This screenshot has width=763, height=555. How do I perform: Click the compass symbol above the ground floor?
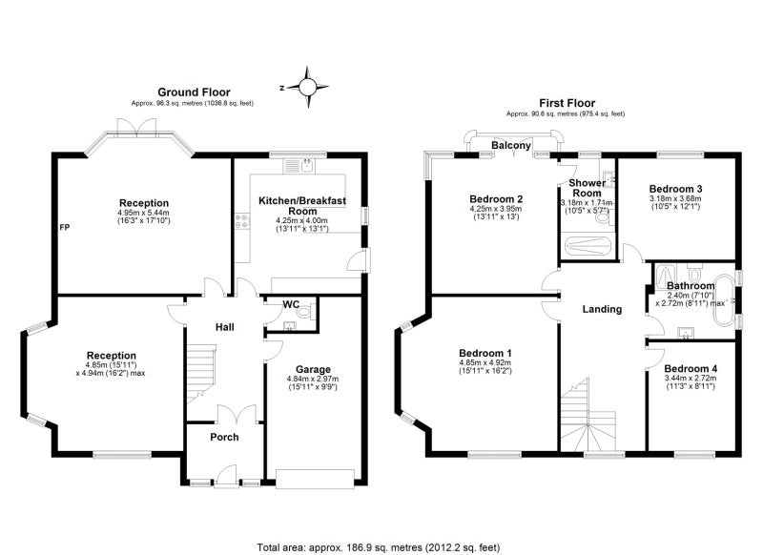(307, 87)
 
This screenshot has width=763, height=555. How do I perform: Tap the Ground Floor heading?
(194, 92)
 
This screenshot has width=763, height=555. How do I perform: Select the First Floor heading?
(567, 103)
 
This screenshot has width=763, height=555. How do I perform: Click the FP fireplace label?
(65, 227)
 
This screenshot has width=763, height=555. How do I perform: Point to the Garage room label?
(313, 369)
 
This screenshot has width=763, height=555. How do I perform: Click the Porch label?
(224, 437)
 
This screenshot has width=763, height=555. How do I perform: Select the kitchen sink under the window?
(299, 166)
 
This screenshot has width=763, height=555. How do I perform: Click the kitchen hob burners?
(242, 222)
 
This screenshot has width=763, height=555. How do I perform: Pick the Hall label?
(225, 327)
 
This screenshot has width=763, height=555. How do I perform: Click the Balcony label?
(511, 145)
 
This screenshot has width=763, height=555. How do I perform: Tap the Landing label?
(602, 309)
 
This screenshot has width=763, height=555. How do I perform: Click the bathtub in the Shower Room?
(588, 245)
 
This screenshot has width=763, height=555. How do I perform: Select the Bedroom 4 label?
(690, 369)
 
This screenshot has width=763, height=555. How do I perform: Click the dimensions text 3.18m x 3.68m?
(675, 198)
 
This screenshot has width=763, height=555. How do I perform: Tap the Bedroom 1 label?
(485, 353)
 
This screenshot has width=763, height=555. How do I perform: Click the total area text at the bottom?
(378, 547)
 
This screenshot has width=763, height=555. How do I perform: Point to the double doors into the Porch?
(237, 413)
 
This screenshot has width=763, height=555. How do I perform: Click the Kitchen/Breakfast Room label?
(302, 206)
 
